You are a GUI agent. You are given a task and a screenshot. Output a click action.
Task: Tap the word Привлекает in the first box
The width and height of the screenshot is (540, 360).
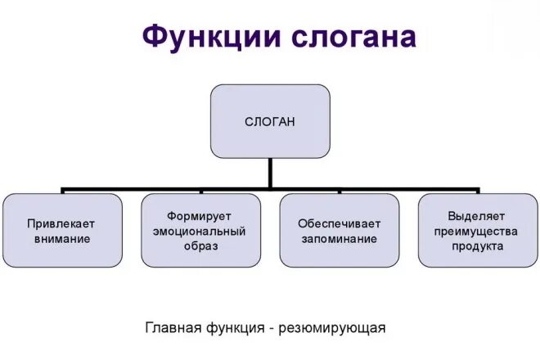pos(58,223)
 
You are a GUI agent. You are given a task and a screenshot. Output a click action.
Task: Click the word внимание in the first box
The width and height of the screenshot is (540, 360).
pos(58,239)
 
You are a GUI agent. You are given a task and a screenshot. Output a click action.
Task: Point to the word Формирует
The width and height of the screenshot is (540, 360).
pos(200,215)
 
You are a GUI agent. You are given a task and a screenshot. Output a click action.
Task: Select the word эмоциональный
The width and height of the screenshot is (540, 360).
pos(200,231)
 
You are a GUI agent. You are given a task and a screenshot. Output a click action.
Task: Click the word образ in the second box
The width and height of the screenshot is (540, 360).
pos(200,246)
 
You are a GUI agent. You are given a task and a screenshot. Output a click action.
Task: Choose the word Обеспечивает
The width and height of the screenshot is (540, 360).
pos(338,223)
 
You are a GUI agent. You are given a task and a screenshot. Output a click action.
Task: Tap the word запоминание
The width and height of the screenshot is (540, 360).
pos(338,239)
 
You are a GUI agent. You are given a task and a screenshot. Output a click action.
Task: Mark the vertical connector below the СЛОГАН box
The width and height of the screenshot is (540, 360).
pos(270,173)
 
